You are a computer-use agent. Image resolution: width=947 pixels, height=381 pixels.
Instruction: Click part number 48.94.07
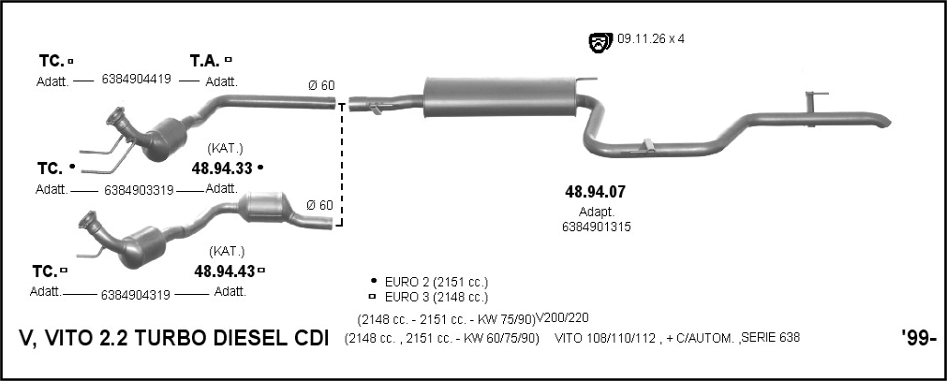pos(595,192)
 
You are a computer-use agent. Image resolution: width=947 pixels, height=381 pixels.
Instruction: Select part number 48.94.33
pos(222,169)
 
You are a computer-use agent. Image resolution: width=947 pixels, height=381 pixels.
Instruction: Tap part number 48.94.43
pos(224,271)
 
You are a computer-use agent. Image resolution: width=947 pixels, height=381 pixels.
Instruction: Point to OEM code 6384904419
pos(137,79)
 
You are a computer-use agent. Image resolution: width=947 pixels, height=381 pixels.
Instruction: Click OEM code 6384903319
pos(139,190)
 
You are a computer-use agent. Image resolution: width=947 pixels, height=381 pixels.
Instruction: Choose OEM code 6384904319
pos(136,295)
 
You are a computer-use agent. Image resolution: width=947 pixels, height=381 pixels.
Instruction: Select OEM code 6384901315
pos(596,227)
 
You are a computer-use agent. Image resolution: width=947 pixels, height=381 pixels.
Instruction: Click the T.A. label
pos(205,61)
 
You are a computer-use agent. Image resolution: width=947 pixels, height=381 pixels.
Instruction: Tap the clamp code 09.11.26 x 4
pos(651,39)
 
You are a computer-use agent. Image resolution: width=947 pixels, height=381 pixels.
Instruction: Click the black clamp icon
pos(599,42)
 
